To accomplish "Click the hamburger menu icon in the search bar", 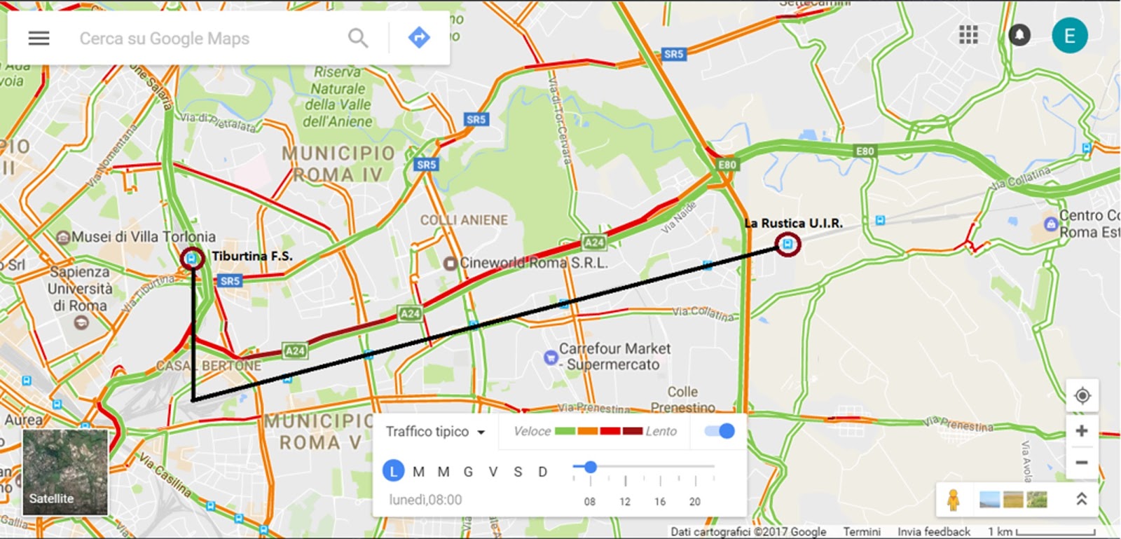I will tap(39, 38).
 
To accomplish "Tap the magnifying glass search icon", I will tap(358, 38).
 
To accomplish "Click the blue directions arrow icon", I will tap(419, 37).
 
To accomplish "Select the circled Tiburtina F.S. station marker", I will tap(192, 258).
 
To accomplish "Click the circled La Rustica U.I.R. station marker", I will tap(788, 244).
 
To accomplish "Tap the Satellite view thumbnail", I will tap(65, 472).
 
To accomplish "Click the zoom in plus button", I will tap(1082, 431).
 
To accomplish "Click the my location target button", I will tap(1082, 396).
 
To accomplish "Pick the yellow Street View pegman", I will tap(953, 500).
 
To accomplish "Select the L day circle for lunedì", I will tap(394, 472).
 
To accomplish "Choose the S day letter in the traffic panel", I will tap(518, 472).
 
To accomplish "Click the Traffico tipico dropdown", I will tap(435, 432).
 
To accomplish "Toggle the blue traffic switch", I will tap(720, 431).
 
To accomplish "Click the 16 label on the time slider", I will tap(660, 501).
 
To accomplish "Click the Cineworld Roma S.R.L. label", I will tap(532, 263).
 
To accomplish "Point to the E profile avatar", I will tap(1069, 36).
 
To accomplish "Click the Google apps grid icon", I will tap(968, 35).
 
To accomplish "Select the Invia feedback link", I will tap(933, 531).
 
